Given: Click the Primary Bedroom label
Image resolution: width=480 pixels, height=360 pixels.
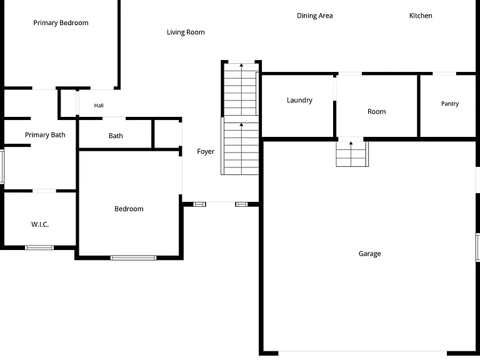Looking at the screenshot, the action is pyautogui.click(x=61, y=22).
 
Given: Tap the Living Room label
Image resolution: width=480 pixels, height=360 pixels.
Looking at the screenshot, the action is pyautogui.click(x=186, y=32).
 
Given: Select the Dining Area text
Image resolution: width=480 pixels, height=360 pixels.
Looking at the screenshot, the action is pyautogui.click(x=315, y=16).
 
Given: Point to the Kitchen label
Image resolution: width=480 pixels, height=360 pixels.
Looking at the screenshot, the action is pyautogui.click(x=421, y=16).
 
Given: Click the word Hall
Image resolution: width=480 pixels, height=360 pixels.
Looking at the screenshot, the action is pyautogui.click(x=99, y=106).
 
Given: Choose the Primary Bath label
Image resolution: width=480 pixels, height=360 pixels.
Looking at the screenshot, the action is pyautogui.click(x=45, y=135).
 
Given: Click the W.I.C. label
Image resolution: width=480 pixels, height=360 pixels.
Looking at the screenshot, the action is pyautogui.click(x=40, y=224).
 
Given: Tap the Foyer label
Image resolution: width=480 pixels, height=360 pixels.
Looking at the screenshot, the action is pyautogui.click(x=206, y=151).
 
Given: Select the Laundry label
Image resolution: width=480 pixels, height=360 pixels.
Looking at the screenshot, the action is pyautogui.click(x=299, y=101).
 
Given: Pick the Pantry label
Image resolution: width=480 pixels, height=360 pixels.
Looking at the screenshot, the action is pyautogui.click(x=450, y=104).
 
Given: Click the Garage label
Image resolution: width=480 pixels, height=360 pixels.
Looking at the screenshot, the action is pyautogui.click(x=369, y=254).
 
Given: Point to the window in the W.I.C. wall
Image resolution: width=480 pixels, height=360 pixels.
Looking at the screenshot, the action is pyautogui.click(x=39, y=247).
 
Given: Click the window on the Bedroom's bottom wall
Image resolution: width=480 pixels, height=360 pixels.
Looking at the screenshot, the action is pyautogui.click(x=133, y=257).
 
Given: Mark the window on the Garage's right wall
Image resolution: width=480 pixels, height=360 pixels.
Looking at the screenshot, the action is pyautogui.click(x=477, y=247).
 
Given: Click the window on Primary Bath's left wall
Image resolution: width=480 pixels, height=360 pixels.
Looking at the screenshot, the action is pyautogui.click(x=2, y=167).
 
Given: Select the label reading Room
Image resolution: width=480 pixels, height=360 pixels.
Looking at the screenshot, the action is pyautogui.click(x=376, y=112).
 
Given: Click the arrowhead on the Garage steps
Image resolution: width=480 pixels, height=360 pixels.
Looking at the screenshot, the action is pyautogui.click(x=351, y=143).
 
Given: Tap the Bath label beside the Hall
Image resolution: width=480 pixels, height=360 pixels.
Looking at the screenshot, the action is pyautogui.click(x=116, y=136).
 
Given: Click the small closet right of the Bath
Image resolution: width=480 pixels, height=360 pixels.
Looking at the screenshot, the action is pyautogui.click(x=167, y=134).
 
